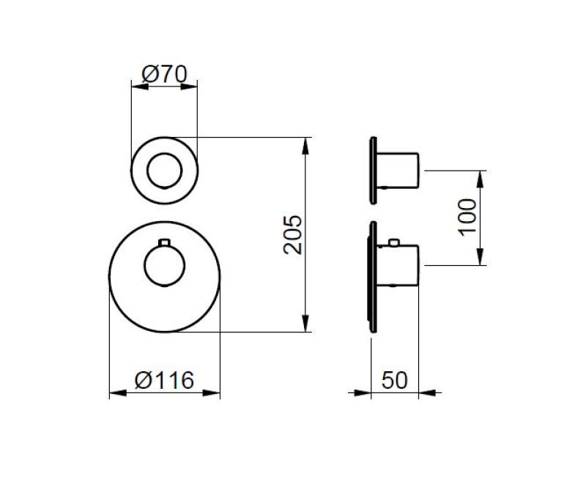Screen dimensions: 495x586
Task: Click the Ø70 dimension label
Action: tap(164, 74)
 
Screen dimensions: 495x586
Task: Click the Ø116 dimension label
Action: tap(165, 380)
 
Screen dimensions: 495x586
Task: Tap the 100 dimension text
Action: tap(467, 217)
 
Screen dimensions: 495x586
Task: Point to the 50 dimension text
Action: tap(394, 380)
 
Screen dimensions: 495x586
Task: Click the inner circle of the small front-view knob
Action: tap(164, 171)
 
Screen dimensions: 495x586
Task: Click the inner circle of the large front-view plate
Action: tap(165, 267)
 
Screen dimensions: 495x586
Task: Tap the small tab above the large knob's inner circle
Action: tap(165, 242)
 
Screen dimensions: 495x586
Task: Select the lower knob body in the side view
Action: tap(400, 265)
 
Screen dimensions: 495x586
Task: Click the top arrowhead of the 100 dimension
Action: tap(481, 176)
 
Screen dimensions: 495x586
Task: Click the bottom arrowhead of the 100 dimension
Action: tap(481, 258)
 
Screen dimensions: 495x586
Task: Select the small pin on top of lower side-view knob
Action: tap(394, 242)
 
